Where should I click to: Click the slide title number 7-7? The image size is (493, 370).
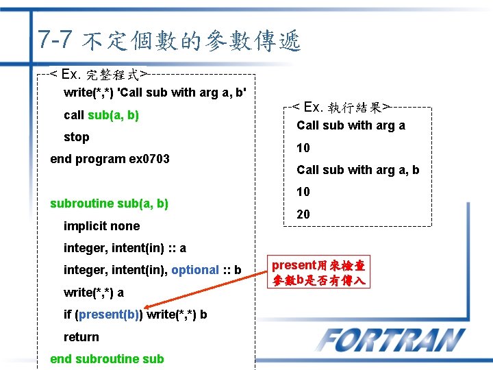point(55,39)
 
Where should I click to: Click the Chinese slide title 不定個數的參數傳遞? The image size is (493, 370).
point(190,42)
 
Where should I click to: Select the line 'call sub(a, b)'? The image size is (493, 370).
point(101,115)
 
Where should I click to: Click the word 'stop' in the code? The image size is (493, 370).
point(76,137)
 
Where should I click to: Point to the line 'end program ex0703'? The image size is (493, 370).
point(110,159)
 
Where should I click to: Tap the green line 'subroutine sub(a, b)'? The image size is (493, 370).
point(109,203)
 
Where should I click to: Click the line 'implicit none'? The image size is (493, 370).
point(101,226)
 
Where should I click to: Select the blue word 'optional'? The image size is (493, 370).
point(195,270)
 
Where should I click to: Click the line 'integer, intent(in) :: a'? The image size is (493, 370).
point(125,248)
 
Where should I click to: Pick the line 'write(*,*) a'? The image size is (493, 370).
point(94,293)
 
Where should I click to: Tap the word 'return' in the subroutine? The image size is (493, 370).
point(81,337)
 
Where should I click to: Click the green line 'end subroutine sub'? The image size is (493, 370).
point(107,359)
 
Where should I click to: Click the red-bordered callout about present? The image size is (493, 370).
point(318,273)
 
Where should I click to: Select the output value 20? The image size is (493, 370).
point(303,214)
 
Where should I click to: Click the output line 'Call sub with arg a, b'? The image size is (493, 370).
point(357,170)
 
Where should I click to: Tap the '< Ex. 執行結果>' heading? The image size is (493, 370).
point(341,107)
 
